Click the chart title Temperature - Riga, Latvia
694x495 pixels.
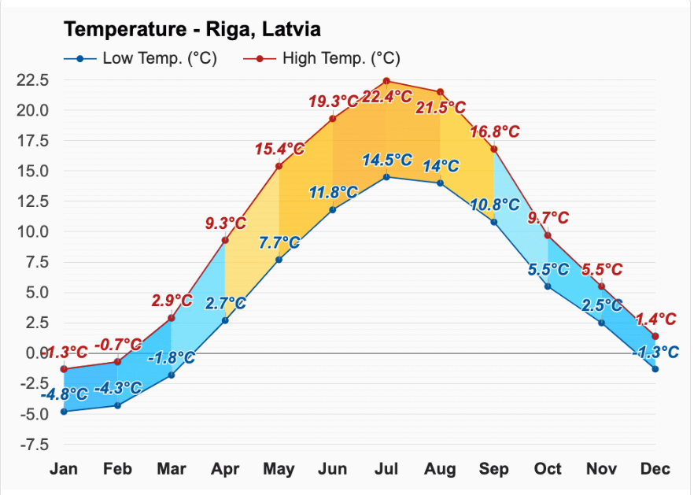click(x=192, y=30)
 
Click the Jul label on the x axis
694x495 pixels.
click(x=386, y=469)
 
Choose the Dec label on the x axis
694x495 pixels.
click(x=655, y=469)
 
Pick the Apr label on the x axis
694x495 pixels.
click(x=225, y=469)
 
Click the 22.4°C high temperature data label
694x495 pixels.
click(x=386, y=97)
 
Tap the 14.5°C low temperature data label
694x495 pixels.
click(x=386, y=160)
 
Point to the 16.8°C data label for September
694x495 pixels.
click(x=494, y=131)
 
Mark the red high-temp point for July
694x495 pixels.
click(x=386, y=81)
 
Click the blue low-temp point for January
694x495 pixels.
click(x=64, y=412)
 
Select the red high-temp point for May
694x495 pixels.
click(x=279, y=166)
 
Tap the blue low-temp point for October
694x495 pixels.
click(x=548, y=286)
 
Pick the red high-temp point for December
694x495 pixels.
click(x=655, y=336)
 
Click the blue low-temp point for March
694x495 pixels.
click(x=172, y=375)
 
